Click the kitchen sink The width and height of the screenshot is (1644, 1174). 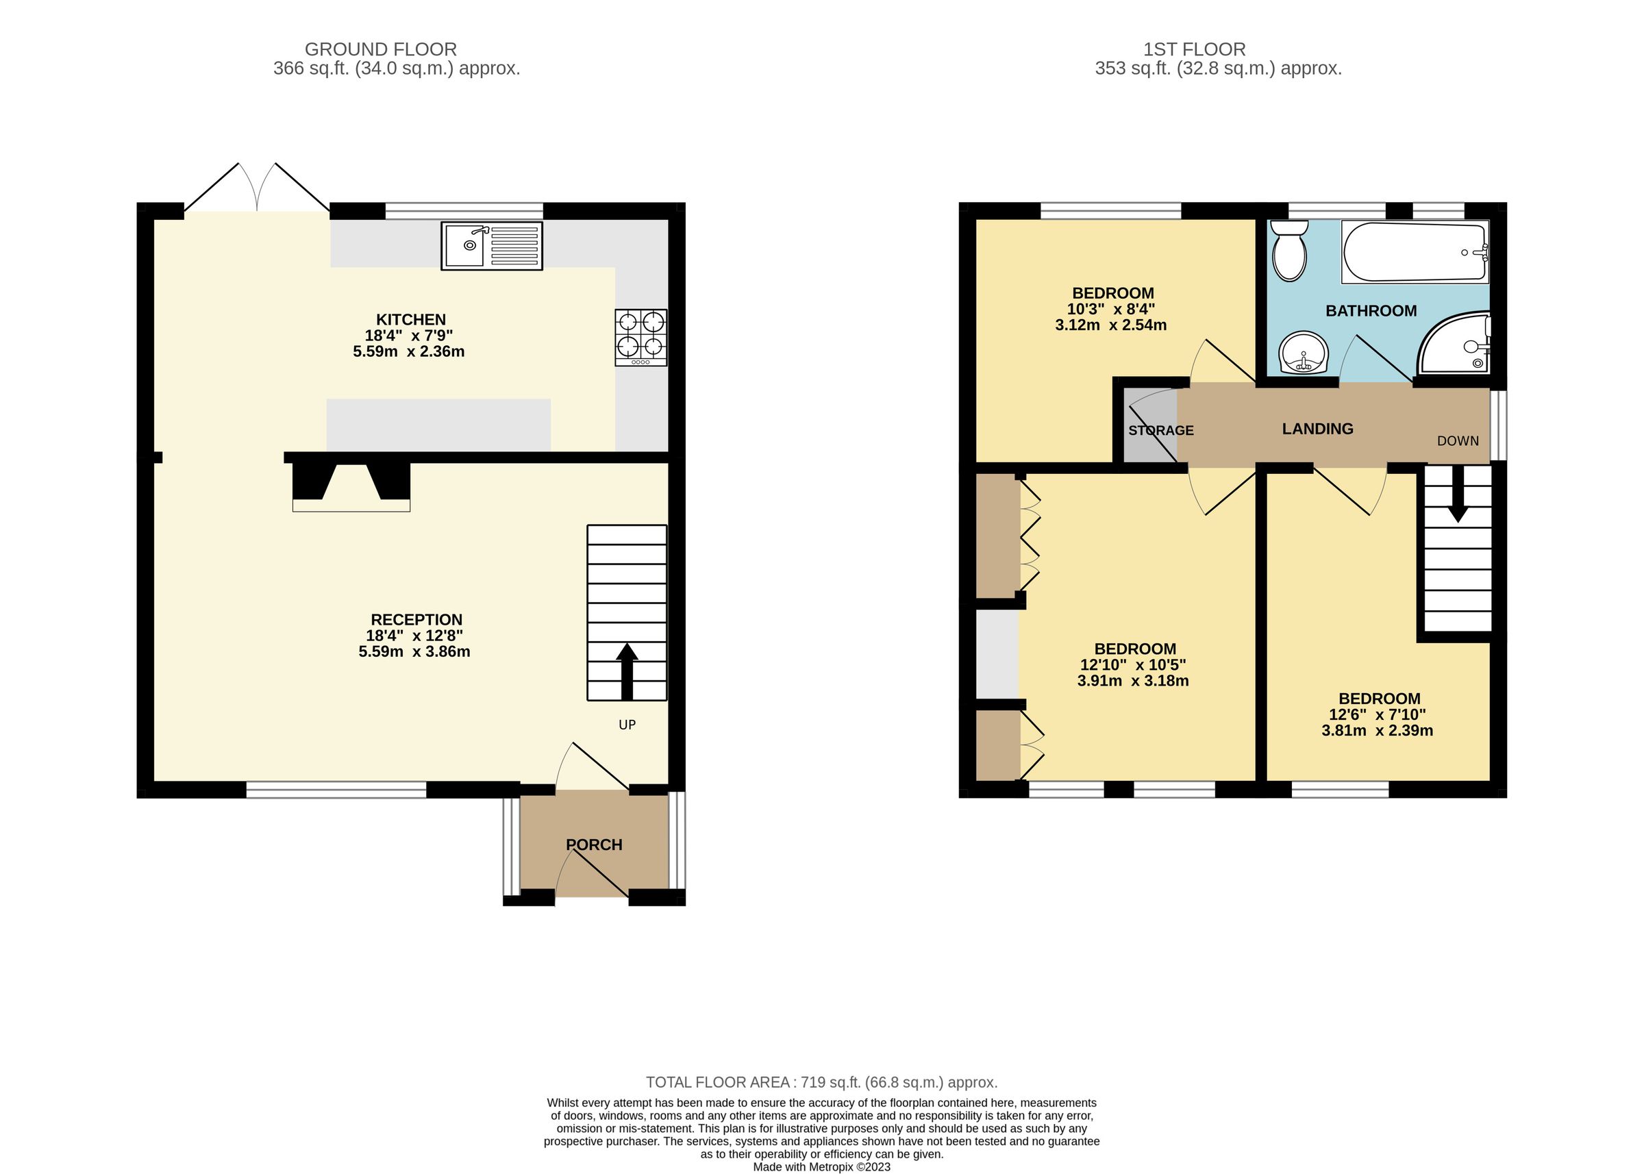tap(492, 247)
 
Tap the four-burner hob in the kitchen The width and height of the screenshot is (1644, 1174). tap(640, 337)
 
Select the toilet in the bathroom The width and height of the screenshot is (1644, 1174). tap(1289, 251)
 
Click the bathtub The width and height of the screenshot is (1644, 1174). tap(1414, 252)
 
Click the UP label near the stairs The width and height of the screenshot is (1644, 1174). tap(627, 725)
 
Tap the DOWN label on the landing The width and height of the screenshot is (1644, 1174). tap(1458, 441)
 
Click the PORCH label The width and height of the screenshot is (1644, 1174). tap(593, 845)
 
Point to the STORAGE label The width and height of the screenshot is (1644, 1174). tap(1160, 430)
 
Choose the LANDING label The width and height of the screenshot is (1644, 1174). tap(1317, 429)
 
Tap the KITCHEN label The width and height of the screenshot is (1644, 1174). tap(410, 319)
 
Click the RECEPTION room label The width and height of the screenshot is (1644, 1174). tap(416, 619)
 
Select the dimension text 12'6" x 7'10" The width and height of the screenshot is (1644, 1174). tap(1378, 714)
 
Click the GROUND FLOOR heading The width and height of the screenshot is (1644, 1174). tap(380, 49)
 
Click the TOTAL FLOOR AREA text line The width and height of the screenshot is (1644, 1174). tap(821, 1082)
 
